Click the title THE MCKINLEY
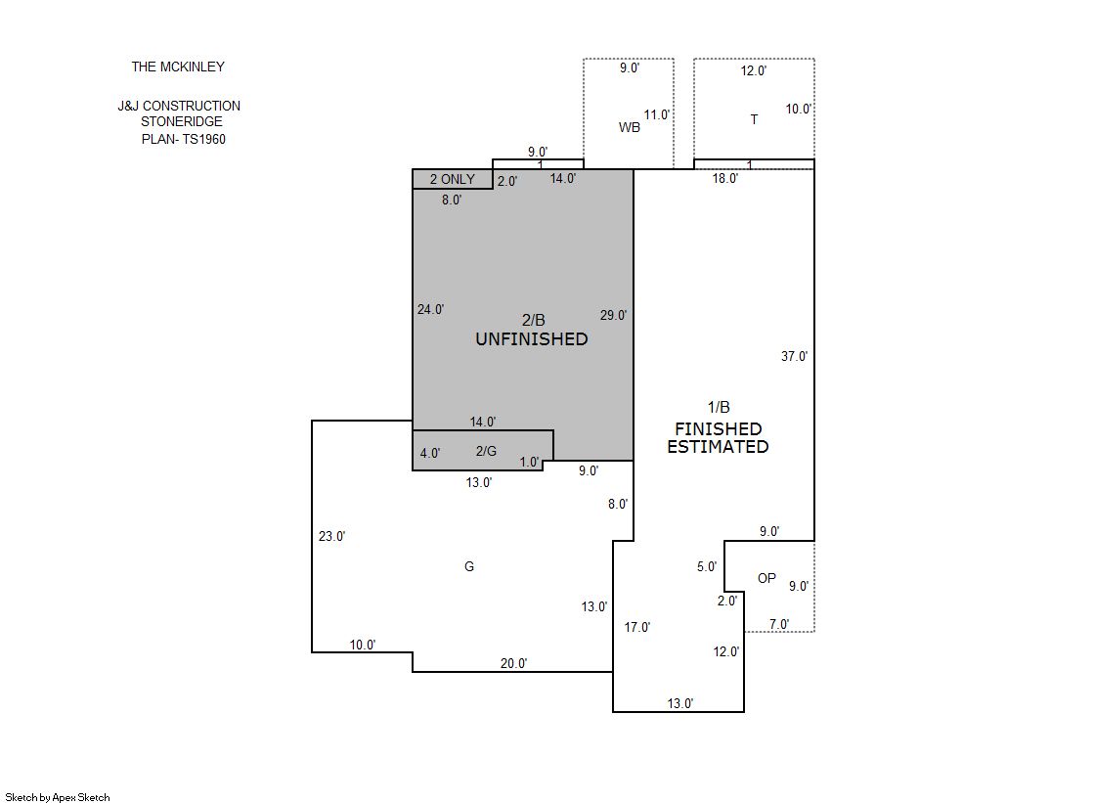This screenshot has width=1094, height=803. click(x=178, y=67)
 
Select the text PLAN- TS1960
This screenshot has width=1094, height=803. click(x=184, y=139)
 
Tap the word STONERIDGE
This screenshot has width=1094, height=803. click(x=182, y=121)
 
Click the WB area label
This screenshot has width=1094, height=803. click(x=630, y=127)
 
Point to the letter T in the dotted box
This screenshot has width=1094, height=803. click(x=754, y=119)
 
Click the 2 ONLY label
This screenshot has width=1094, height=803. click(x=452, y=179)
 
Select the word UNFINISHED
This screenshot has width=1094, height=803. click(x=532, y=339)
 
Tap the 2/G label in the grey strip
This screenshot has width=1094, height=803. click(x=486, y=451)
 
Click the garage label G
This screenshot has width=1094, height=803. click(x=469, y=566)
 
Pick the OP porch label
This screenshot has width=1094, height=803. click(x=766, y=578)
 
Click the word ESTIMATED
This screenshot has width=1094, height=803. click(x=718, y=447)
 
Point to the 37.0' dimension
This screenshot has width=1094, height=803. click(x=794, y=356)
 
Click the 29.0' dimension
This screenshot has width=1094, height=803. click(x=613, y=315)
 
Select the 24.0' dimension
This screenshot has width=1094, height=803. click(x=430, y=309)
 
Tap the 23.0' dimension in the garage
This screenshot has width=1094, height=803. click(x=332, y=536)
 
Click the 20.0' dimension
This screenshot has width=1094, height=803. click(x=513, y=663)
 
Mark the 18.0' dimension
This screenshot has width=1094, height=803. click(x=724, y=178)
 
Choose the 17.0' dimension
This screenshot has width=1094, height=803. click(x=637, y=627)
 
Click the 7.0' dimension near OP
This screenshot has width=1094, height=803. click(x=779, y=624)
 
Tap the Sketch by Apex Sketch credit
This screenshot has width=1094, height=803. click(x=58, y=797)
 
